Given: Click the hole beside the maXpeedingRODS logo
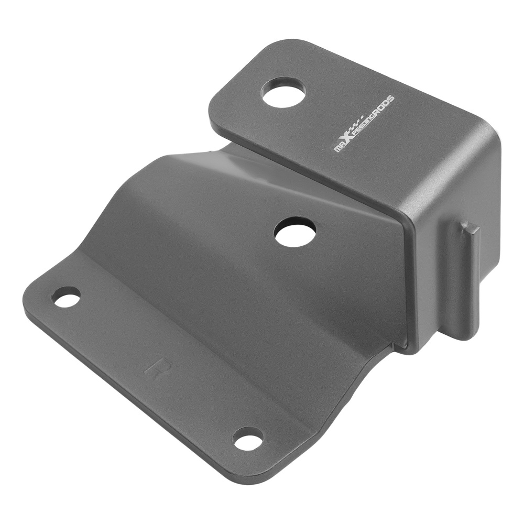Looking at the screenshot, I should pos(283,93).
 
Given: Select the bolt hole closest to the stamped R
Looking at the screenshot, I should pos(67,297).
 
